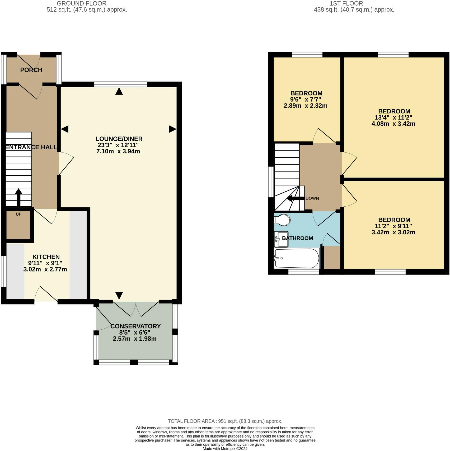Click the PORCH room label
(31, 70)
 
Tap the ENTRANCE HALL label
(31, 147)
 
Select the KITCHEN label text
(46, 257)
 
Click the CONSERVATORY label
(135, 326)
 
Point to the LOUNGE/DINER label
(119, 139)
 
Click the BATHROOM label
(297, 238)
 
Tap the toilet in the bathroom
(282, 220)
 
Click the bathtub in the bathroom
(297, 258)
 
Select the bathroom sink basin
(281, 239)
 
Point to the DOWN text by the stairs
(312, 198)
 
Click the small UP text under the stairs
(18, 214)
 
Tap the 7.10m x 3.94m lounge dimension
(118, 151)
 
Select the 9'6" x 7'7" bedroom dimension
(306, 99)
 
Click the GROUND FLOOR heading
(82, 3)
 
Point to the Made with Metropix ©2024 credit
(225, 449)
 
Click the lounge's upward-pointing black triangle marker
(119, 91)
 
